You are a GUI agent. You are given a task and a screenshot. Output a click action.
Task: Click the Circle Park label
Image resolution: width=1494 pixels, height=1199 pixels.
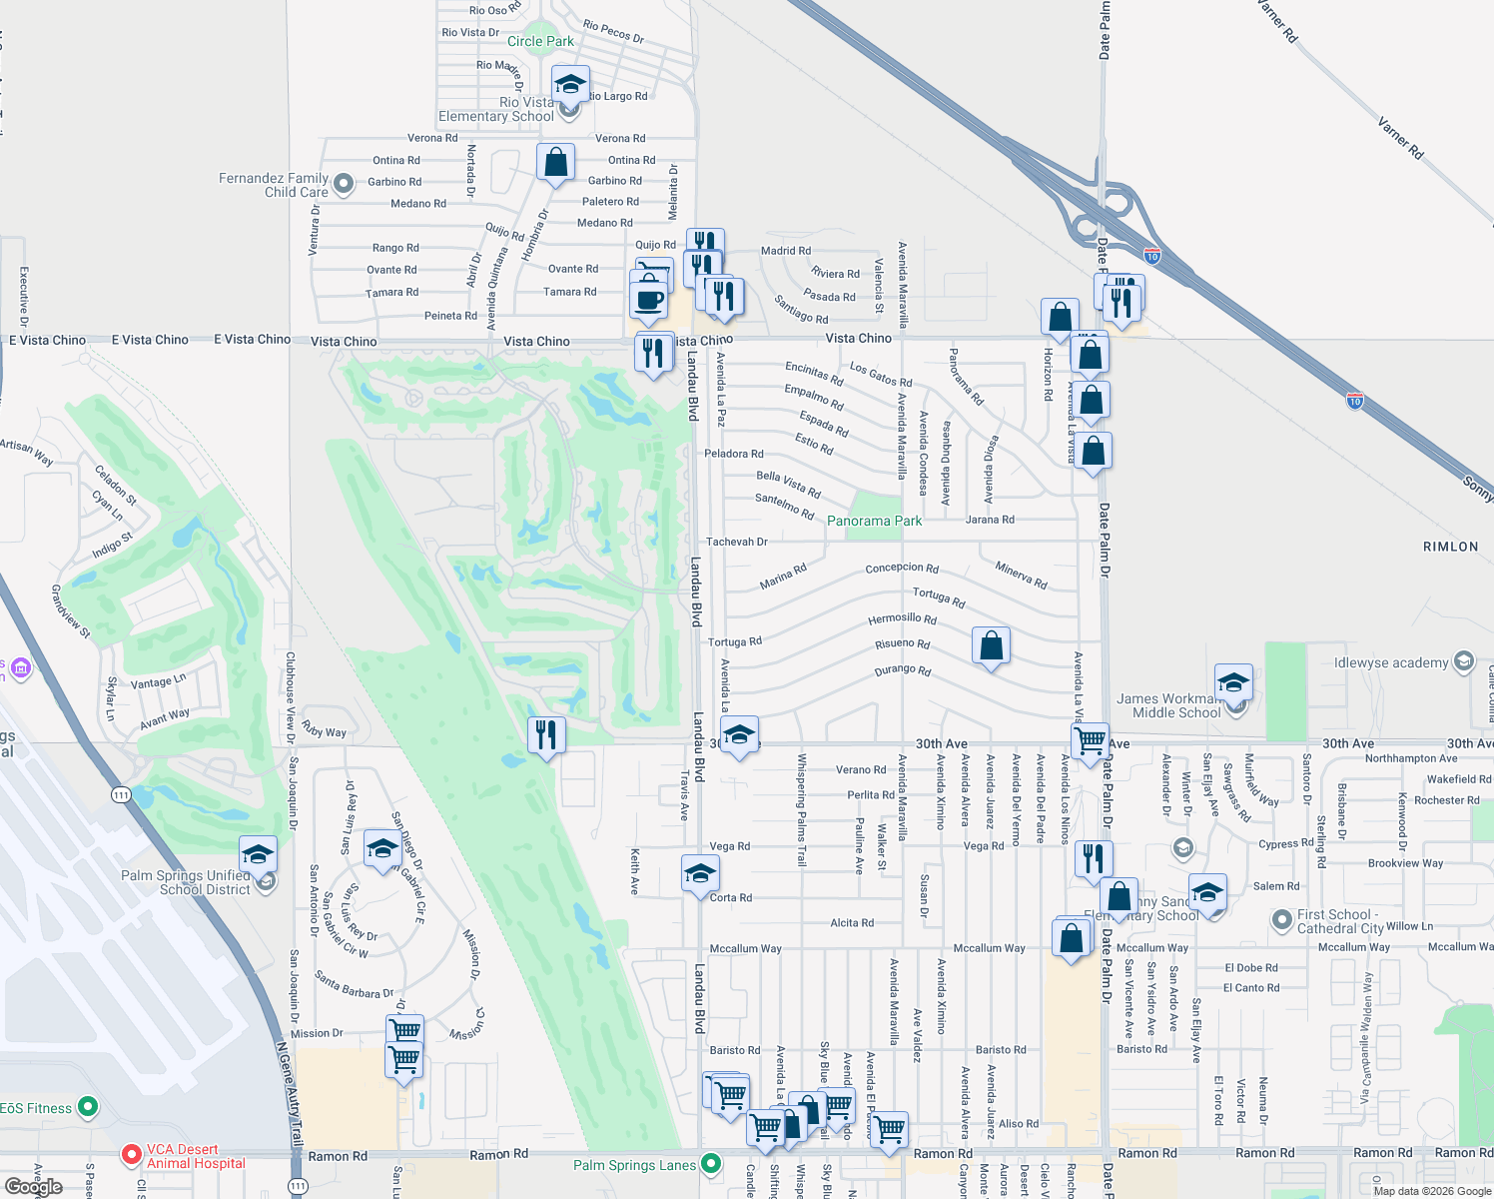point(540,41)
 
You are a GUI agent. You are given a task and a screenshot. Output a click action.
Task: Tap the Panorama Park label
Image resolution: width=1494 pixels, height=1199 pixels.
point(874,521)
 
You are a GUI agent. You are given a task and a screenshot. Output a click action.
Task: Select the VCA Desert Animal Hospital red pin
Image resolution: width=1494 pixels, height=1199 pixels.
point(131,1154)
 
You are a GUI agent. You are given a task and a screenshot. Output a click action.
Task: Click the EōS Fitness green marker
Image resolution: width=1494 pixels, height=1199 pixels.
point(88,1106)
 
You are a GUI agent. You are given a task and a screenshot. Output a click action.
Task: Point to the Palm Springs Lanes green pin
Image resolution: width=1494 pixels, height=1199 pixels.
point(710,1163)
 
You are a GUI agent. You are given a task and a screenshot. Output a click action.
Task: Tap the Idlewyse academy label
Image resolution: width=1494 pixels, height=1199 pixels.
point(1390,662)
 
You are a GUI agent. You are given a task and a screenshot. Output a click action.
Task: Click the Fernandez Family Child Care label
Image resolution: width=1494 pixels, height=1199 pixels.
point(274,185)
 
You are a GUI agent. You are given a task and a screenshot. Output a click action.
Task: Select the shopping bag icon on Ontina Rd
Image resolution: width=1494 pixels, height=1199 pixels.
point(555,163)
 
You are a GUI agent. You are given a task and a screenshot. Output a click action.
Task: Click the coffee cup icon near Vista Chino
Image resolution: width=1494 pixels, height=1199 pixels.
point(648,299)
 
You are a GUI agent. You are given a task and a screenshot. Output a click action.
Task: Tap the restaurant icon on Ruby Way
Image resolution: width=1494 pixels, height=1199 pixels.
point(546,735)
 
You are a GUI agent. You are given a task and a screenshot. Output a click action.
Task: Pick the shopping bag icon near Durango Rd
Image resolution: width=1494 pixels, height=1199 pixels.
point(991,645)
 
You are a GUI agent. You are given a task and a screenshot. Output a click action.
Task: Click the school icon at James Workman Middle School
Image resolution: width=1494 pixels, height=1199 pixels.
point(1233,683)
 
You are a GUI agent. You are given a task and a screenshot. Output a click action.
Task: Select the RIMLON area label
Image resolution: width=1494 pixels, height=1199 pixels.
point(1450,547)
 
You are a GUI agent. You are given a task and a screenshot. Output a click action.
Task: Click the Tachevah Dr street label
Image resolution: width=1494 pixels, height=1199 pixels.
point(736,542)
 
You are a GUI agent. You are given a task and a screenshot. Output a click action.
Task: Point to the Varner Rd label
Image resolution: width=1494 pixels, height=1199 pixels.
point(1399,138)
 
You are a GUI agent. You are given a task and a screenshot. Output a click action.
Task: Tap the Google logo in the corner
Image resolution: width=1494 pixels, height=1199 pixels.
point(33,1186)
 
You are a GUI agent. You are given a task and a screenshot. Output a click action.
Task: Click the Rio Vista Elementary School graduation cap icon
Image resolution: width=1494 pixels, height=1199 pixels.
point(569,85)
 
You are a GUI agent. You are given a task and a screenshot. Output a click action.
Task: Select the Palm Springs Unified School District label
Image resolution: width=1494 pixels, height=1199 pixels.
point(186,882)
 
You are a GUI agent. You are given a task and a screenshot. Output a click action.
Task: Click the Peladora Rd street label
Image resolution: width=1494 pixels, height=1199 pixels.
point(733,454)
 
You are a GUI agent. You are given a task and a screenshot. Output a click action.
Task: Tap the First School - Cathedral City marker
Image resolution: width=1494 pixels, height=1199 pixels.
point(1281,919)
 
